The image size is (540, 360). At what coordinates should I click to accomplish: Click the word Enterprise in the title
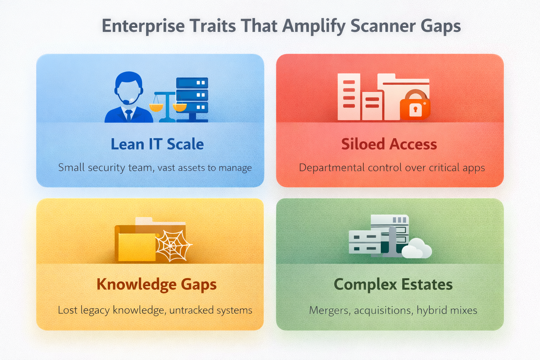click(x=143, y=26)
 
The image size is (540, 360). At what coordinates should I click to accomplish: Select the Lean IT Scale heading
click(x=157, y=144)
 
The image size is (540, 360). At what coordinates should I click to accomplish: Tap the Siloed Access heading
click(x=389, y=144)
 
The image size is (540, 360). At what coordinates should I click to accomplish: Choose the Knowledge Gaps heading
click(x=156, y=284)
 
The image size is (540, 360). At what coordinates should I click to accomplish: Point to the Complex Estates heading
click(x=393, y=284)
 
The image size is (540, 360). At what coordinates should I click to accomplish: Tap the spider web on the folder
click(x=173, y=246)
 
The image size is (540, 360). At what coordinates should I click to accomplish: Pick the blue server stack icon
click(x=192, y=98)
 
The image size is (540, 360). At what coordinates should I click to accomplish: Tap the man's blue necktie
click(x=129, y=115)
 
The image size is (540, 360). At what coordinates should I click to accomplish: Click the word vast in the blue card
click(x=167, y=168)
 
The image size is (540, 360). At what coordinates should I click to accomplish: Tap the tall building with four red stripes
click(x=349, y=97)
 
